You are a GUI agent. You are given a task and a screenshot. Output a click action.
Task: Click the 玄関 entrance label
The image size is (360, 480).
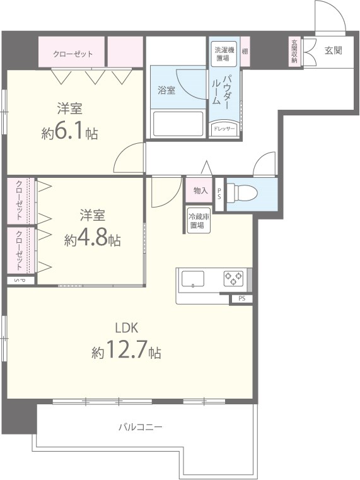click(333, 50)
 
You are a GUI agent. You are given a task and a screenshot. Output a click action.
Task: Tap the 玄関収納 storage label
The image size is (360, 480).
click(294, 52)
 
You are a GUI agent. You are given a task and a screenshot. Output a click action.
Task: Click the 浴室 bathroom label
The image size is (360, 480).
click(166, 90)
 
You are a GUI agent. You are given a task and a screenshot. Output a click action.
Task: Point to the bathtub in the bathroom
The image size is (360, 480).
click(178, 123)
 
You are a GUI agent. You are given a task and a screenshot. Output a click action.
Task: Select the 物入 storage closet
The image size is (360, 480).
click(200, 190)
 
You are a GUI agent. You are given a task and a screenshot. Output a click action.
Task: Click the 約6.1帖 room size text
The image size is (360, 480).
click(69, 133)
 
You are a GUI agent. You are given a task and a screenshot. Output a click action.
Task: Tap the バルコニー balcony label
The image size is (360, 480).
click(141, 427)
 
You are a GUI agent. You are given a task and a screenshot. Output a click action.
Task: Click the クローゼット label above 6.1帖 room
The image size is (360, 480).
click(73, 54)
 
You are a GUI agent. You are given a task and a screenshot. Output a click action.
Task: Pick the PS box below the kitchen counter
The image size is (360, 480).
click(241, 298)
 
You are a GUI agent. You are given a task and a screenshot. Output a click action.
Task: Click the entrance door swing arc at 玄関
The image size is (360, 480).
click(329, 16)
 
